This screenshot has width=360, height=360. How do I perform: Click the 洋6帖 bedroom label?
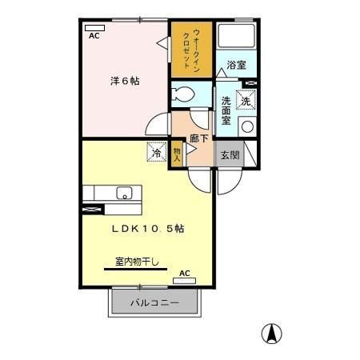click(124, 81)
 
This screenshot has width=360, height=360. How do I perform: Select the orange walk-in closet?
click(192, 50)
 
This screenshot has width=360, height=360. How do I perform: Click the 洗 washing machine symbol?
click(246, 102)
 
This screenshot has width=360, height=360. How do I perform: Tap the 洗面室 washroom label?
click(226, 110)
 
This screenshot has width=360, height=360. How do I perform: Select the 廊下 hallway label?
click(199, 138)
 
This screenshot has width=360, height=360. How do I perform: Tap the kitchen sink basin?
click(124, 193)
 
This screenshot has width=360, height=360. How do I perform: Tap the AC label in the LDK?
click(185, 274)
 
